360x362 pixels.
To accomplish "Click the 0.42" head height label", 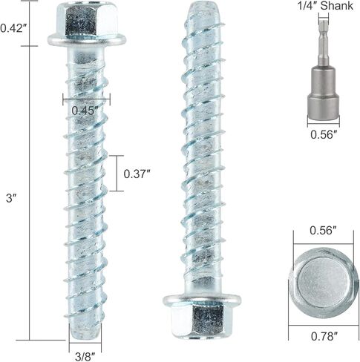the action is (13, 28).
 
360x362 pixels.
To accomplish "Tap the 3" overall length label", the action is (11, 198).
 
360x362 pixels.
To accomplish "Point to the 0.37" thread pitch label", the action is (137, 174).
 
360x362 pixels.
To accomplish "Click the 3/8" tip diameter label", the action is (85, 357).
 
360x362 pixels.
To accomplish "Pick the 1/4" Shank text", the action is (326, 6).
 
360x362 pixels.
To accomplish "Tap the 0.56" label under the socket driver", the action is (324, 135).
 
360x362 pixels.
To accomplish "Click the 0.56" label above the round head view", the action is (324, 231).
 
